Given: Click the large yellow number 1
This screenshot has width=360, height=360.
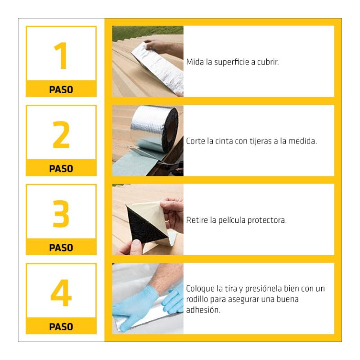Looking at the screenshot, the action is tap(61, 55).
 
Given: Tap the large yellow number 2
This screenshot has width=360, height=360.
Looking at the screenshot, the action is tap(61, 135).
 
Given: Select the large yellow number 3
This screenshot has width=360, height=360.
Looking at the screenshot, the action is tap(61, 214).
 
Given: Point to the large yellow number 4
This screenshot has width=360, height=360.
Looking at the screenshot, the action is tap(61, 293).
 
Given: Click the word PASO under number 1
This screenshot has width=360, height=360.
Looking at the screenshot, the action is tap(61, 90).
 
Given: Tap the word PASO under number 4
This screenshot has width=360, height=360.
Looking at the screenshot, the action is tap(61, 327).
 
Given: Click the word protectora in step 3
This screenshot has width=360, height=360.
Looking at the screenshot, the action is tap(267, 220).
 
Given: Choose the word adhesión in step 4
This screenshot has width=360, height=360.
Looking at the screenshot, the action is tap(203, 310).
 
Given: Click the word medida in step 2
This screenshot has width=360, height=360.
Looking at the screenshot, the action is tap(302, 141).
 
